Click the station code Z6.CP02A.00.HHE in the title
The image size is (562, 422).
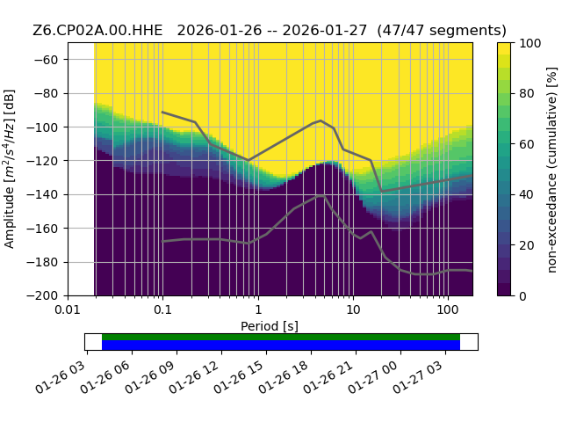tap(97, 31)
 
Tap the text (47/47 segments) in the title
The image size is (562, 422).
tap(442, 31)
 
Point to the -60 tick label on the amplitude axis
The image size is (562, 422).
tap(46, 60)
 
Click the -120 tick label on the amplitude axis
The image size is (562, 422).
tap(43, 161)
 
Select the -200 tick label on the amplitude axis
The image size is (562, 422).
tap(43, 296)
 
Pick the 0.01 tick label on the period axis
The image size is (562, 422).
tap(68, 309)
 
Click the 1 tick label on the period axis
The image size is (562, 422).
tap(258, 309)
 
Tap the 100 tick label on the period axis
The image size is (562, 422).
tap(448, 309)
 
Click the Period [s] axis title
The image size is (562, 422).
tap(270, 326)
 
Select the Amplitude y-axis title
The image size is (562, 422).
tap(10, 169)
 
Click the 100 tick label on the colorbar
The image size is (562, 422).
tap(530, 43)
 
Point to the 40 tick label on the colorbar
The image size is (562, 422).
tap(527, 195)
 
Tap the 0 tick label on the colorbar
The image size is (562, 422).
tap(523, 296)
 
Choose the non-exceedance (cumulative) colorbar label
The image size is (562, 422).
tap(552, 170)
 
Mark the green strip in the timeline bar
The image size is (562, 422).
tap(281, 337)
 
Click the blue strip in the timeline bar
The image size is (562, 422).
tap(281, 346)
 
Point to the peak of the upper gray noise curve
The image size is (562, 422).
tap(321, 120)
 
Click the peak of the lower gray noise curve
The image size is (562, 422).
tap(321, 195)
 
